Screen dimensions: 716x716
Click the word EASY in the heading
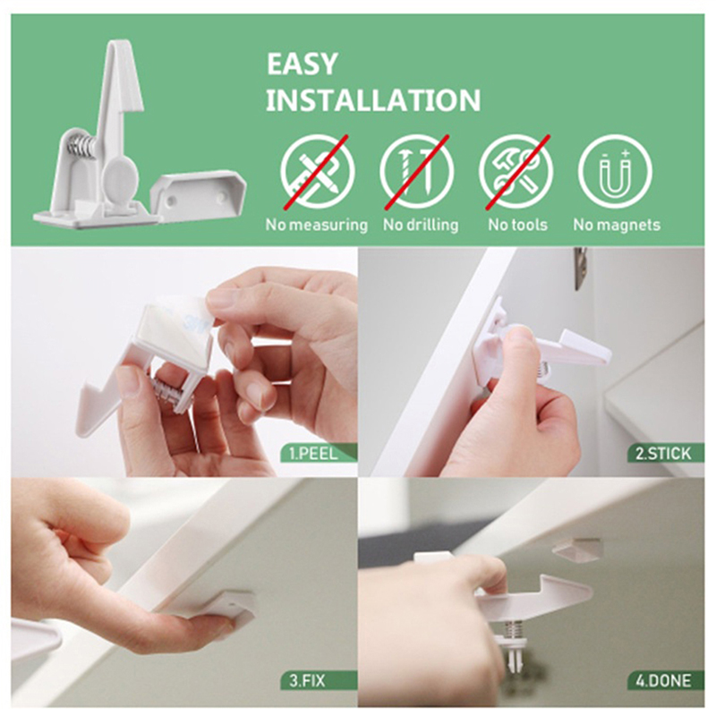click(302, 64)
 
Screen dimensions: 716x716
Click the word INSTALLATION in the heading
click(373, 100)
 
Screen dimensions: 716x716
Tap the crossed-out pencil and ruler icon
click(318, 172)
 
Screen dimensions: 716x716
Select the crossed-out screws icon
click(417, 172)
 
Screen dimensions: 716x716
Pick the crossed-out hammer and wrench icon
click(516, 172)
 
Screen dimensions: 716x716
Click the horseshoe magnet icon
click(615, 172)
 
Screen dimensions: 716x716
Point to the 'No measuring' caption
click(317, 226)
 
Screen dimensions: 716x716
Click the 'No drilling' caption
click(421, 225)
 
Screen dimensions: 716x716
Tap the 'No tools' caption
click(518, 225)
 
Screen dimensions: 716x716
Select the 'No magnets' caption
click(617, 225)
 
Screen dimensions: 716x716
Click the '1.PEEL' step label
click(314, 454)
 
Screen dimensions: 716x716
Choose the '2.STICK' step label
click(663, 454)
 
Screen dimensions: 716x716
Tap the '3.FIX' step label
click(307, 681)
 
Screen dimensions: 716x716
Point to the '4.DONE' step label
click(663, 681)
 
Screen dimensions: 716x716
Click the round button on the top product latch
click(120, 178)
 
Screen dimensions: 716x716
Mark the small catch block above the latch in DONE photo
click(576, 548)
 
